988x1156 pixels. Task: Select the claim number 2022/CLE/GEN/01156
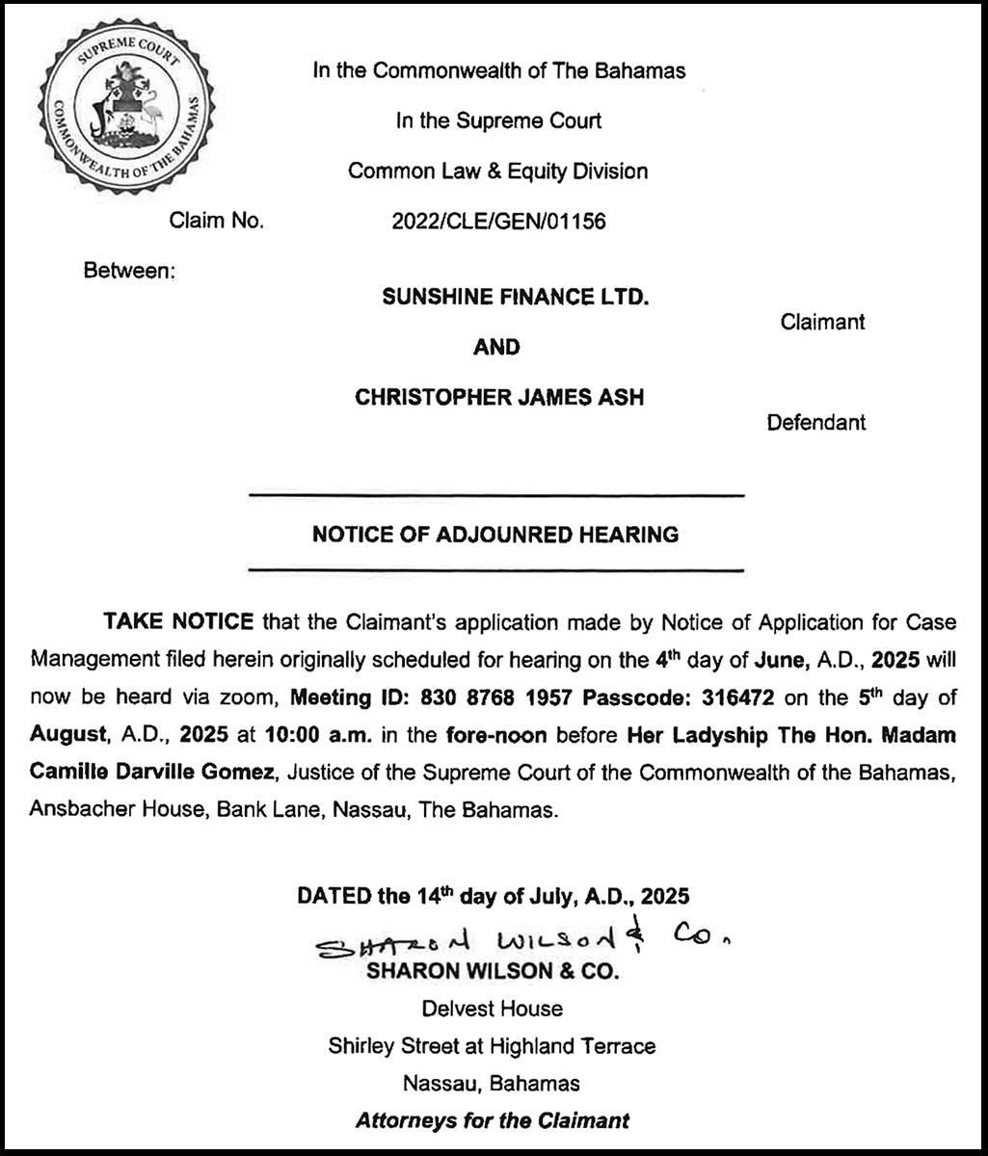coord(498,222)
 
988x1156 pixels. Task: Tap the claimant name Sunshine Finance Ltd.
coord(515,298)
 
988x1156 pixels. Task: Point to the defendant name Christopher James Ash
coord(499,397)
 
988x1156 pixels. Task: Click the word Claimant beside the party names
coord(822,322)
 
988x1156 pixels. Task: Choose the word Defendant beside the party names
coord(815,422)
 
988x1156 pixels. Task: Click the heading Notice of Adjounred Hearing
coord(495,534)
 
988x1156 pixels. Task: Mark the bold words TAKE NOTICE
coord(178,621)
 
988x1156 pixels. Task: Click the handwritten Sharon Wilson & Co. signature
coord(526,937)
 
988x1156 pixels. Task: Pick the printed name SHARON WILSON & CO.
coord(492,972)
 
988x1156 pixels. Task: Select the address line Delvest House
coord(492,1009)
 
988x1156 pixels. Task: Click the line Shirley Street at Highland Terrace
coord(492,1045)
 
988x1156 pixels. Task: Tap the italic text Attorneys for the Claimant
coord(492,1120)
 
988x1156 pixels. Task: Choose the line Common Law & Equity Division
coord(497,171)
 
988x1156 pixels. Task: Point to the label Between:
coord(129,271)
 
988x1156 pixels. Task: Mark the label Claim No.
coord(216,222)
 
